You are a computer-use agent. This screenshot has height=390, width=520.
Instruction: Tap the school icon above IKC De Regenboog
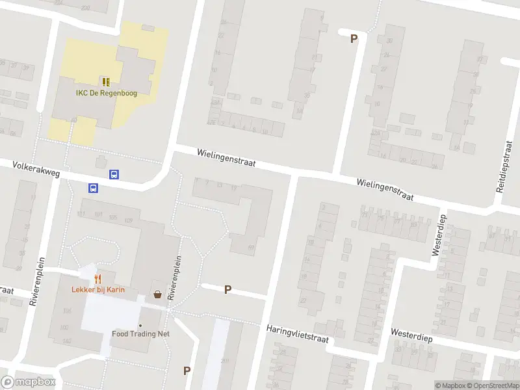[x=106, y=82]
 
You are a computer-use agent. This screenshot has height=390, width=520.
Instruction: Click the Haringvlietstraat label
[x=297, y=333]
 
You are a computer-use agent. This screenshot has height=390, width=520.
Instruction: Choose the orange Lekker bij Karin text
[x=98, y=290]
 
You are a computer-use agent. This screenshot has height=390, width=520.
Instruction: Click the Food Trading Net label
[x=140, y=334]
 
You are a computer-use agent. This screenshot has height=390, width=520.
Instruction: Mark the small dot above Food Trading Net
[x=140, y=325]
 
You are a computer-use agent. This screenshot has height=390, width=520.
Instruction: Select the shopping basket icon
[x=157, y=294]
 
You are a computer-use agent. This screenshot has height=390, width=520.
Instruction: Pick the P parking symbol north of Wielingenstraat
[x=354, y=38]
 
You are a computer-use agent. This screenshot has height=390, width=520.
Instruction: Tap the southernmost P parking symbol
[x=187, y=370]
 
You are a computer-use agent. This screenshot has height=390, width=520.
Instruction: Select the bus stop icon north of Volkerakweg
[x=114, y=174]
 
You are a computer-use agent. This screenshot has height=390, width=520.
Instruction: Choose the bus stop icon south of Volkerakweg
[x=93, y=188]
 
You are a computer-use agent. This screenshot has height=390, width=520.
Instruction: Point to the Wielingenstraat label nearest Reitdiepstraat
[x=385, y=189]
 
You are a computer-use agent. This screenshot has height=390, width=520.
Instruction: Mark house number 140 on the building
[x=66, y=341]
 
